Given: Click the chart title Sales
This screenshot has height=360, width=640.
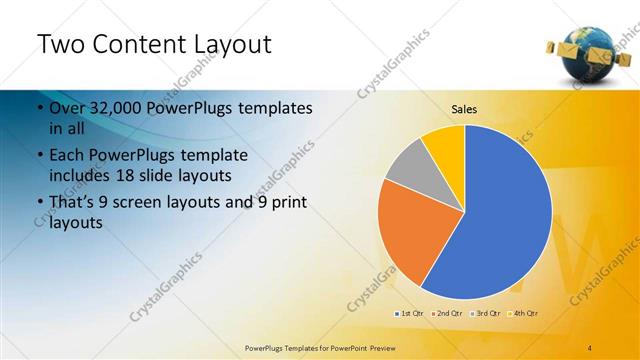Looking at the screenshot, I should (464, 109).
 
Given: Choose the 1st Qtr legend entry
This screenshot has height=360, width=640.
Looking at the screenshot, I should (410, 313).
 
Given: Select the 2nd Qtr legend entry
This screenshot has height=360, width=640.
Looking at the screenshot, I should (448, 313).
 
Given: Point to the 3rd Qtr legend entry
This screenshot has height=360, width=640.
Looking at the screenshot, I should (486, 313).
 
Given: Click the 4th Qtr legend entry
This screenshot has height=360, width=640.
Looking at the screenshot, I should (524, 313).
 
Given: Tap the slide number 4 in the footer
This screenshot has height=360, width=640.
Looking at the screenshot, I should (590, 347).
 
